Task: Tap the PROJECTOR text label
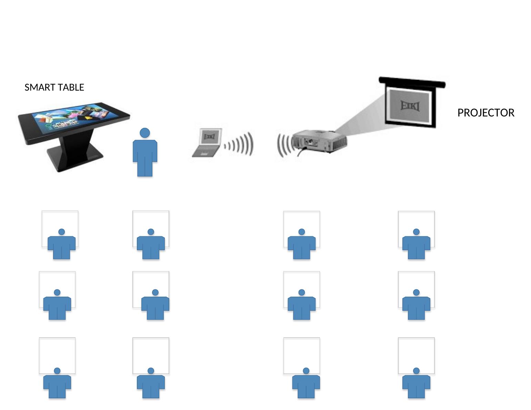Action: coord(485,113)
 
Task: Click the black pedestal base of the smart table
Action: coord(74,153)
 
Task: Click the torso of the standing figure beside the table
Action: coord(145,155)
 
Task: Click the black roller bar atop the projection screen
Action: coord(412,82)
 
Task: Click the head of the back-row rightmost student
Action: coord(416,371)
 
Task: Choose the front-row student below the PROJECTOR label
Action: coord(416,245)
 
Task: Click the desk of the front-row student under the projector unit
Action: coord(301,221)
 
